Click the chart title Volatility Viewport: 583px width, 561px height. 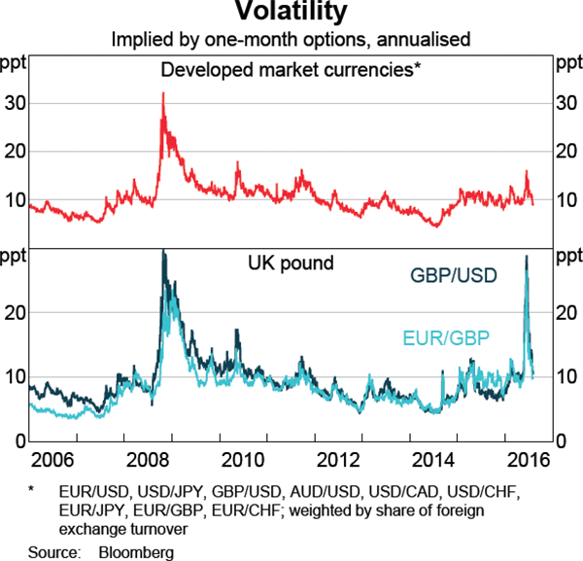coord(291,14)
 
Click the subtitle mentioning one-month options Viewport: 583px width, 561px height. coord(291,41)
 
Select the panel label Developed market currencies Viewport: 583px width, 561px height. coord(291,69)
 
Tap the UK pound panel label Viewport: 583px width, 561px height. coord(291,263)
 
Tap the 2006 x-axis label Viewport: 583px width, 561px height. coord(49,459)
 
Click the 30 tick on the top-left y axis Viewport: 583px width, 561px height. coord(15,103)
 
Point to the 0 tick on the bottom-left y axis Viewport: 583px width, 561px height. coord(19,440)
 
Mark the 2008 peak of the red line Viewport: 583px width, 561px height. coord(162,93)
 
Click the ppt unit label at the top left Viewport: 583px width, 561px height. coord(15,63)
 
